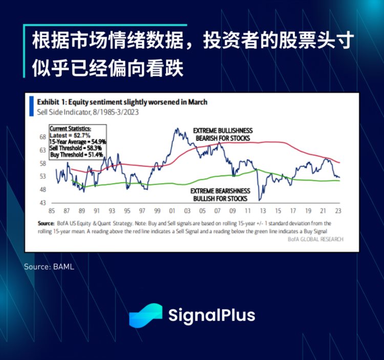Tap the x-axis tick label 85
coord(52,210)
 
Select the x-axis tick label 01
coord(172,210)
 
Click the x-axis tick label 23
coord(338,210)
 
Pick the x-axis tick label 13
coord(263,210)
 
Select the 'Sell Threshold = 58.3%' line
coord(76,147)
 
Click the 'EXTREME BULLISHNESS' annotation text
coord(223,131)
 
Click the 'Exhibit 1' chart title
coord(122,102)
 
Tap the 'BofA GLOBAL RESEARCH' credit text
coord(315,239)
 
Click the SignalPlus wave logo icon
coord(145,315)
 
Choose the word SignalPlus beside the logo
coord(211,315)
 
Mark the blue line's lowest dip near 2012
coord(260,200)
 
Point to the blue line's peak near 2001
coord(177,129)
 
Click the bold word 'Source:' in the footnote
coord(46,224)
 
